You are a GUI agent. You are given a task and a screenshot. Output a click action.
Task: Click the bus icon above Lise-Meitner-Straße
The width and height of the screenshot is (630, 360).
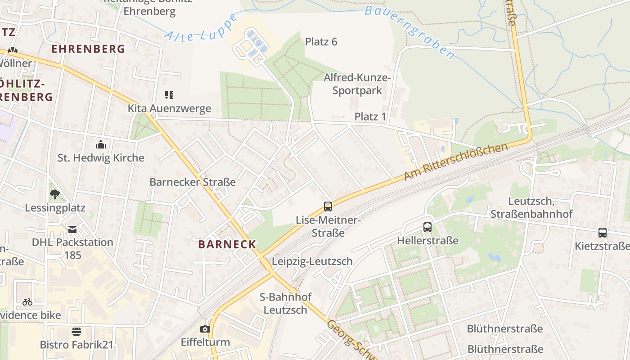point(328,207)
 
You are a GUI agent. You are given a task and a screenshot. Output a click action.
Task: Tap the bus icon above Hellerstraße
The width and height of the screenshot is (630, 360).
point(427,227)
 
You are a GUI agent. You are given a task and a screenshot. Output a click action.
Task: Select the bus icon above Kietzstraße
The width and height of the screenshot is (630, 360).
point(603,233)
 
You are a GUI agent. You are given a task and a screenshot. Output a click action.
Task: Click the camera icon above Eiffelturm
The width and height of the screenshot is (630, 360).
point(205,329)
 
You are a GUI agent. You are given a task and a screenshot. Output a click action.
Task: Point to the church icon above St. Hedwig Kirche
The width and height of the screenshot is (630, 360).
point(101,144)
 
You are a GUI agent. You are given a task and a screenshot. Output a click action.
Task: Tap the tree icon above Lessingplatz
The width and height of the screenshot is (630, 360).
point(55,194)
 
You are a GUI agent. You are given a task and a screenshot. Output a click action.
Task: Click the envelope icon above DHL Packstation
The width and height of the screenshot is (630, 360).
point(72,229)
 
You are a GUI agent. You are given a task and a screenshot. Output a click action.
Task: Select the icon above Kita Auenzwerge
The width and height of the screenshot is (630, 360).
point(169,95)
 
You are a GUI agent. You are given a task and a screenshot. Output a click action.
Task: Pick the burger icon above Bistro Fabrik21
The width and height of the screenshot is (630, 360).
point(76,332)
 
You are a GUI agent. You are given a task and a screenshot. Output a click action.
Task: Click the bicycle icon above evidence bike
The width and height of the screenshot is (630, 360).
point(27,301)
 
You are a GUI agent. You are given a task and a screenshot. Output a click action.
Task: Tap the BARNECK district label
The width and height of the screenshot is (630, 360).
point(227,245)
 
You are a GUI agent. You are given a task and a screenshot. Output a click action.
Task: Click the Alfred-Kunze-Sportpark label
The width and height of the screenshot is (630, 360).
point(357,84)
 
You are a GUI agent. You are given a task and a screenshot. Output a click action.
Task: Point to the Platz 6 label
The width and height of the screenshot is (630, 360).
point(321,42)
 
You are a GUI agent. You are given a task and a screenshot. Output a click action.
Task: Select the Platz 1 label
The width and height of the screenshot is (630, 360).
point(370,117)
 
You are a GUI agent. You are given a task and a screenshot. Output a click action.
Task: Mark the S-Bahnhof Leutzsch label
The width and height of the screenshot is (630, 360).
point(285,303)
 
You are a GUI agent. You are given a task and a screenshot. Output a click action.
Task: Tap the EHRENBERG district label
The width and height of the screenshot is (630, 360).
point(88,49)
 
